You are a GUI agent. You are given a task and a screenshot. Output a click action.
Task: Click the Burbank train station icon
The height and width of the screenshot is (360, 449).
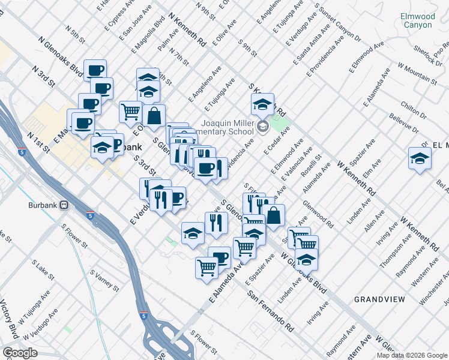tap(63, 205)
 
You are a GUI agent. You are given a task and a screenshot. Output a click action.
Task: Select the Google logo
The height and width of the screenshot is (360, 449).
tap(20, 353)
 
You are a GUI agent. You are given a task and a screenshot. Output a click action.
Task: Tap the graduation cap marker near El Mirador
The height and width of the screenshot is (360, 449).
tap(420, 159)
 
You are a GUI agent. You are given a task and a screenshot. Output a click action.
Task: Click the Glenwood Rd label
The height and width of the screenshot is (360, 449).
tap(319, 214)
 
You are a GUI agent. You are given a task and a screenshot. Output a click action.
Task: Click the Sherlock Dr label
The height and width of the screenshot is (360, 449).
tap(427, 56)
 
